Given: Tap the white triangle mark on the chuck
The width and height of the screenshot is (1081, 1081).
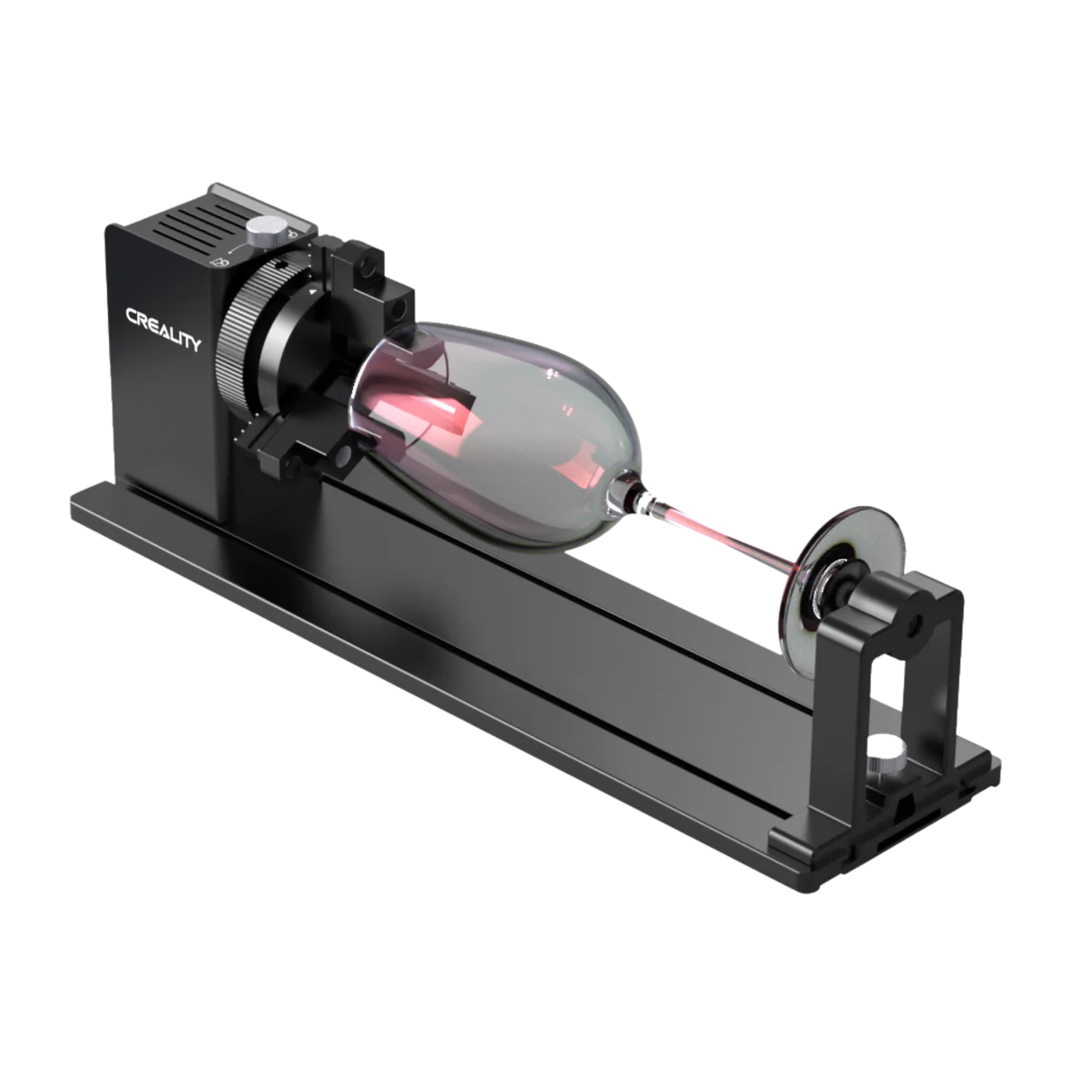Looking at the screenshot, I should (x=312, y=293).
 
